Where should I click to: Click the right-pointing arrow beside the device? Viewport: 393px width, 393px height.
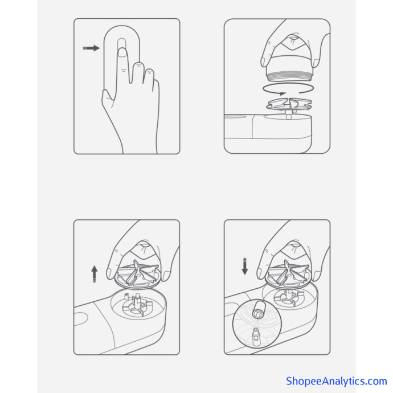pos(91,48)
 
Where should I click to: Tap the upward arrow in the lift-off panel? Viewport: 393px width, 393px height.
pos(94,274)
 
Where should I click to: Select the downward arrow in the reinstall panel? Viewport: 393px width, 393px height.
pos(244,266)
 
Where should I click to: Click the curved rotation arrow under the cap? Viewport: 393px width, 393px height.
pos(288,89)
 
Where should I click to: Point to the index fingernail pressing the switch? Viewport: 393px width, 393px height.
pos(122,52)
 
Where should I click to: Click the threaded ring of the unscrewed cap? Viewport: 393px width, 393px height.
pos(289,76)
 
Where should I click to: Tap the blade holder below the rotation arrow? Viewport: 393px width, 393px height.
pos(289,104)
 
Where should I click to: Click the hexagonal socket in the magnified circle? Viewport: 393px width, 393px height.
pos(257,310)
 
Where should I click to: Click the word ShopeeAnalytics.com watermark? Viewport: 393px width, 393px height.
pos(337,381)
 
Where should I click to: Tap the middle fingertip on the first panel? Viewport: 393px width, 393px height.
pos(138,66)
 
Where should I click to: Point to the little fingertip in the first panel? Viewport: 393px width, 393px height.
pos(149,72)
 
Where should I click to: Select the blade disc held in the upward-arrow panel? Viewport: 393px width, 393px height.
pos(138,275)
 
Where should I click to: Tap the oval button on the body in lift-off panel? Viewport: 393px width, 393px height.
pos(81,319)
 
